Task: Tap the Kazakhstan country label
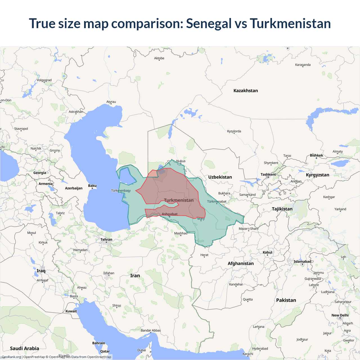(246, 91)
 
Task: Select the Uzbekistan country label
(220, 177)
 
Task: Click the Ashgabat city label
(170, 214)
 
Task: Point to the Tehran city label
(106, 240)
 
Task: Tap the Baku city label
(92, 186)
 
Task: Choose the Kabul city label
(267, 252)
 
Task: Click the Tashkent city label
(268, 174)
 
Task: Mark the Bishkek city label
(316, 155)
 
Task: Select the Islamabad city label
(302, 262)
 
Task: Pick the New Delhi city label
(340, 315)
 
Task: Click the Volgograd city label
(44, 80)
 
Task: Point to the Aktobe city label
(159, 58)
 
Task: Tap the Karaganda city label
(303, 65)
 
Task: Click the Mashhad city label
(181, 233)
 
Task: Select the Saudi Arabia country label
(24, 348)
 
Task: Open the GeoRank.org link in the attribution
(11, 357)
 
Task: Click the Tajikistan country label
(282, 209)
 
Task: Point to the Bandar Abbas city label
(151, 330)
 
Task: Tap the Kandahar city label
(236, 284)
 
